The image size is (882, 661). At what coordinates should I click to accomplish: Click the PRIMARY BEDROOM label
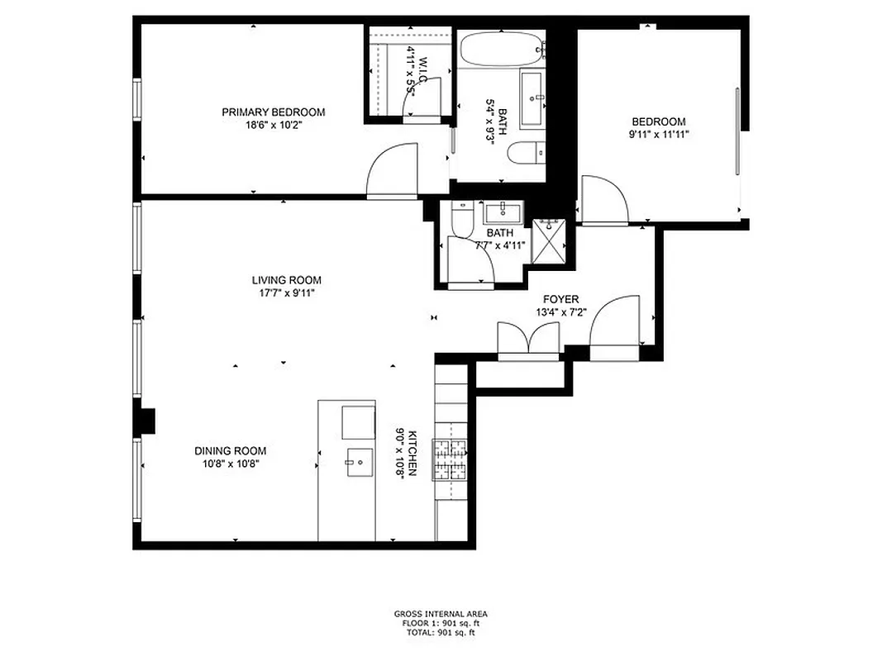pyautogui.click(x=273, y=112)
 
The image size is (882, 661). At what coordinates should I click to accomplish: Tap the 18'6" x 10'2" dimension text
pyautogui.click(x=273, y=126)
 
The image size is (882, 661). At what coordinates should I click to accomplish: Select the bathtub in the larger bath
pyautogui.click(x=501, y=49)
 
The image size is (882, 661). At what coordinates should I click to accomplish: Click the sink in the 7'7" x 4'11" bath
pyautogui.click(x=503, y=211)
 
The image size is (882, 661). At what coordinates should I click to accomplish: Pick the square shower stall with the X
pyautogui.click(x=547, y=239)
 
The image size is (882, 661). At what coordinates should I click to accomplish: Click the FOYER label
pyautogui.click(x=560, y=299)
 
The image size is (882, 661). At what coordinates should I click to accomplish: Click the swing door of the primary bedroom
pyautogui.click(x=394, y=169)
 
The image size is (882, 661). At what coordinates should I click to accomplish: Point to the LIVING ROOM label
pyautogui.click(x=287, y=280)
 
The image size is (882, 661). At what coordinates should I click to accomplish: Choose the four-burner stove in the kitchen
pyautogui.click(x=451, y=461)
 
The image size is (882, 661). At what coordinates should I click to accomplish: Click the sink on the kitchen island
pyautogui.click(x=360, y=461)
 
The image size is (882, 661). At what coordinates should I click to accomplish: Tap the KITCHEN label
pyautogui.click(x=412, y=454)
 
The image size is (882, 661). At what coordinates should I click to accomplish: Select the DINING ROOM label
pyautogui.click(x=231, y=450)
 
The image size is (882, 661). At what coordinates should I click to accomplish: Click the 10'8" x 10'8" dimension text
pyautogui.click(x=231, y=464)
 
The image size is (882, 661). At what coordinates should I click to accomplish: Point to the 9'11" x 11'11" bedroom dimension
pyautogui.click(x=658, y=134)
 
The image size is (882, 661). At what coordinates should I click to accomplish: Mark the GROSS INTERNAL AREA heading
pyautogui.click(x=440, y=614)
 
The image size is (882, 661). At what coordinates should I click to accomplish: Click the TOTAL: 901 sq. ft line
pyautogui.click(x=440, y=632)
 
